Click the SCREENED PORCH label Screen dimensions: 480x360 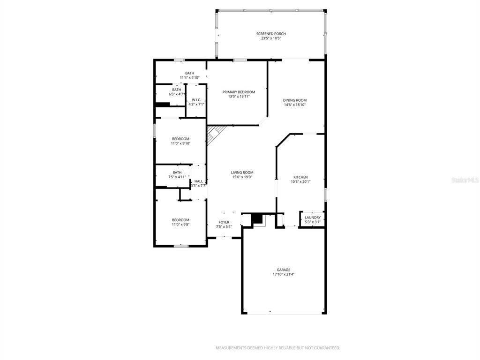pyautogui.click(x=271, y=34)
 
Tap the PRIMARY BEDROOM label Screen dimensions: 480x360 pyautogui.click(x=239, y=92)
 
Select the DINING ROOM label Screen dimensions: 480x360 pyautogui.click(x=295, y=100)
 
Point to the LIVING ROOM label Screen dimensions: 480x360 pyautogui.click(x=242, y=172)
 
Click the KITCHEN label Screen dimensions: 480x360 pyautogui.click(x=300, y=177)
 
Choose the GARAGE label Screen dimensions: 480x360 pyautogui.click(x=284, y=270)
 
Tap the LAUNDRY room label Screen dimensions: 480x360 pyautogui.click(x=313, y=217)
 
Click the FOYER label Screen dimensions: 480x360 pyautogui.click(x=224, y=222)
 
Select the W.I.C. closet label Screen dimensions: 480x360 pyautogui.click(x=196, y=100)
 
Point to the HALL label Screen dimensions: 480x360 pyautogui.click(x=198, y=181)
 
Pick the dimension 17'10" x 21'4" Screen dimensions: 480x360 pyautogui.click(x=284, y=275)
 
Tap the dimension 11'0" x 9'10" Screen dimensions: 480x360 pyautogui.click(x=180, y=143)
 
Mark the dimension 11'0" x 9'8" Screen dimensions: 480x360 pyautogui.click(x=180, y=225)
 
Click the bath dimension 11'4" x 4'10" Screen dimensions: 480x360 pyautogui.click(x=189, y=78)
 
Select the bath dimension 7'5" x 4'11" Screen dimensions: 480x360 pyautogui.click(x=177, y=177)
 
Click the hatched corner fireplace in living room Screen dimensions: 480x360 pyautogui.click(x=215, y=134)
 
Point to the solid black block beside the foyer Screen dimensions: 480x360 pyautogui.click(x=257, y=218)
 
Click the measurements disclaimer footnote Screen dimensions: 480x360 pyautogui.click(x=278, y=348)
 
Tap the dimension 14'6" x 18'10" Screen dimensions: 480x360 pyautogui.click(x=295, y=105)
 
